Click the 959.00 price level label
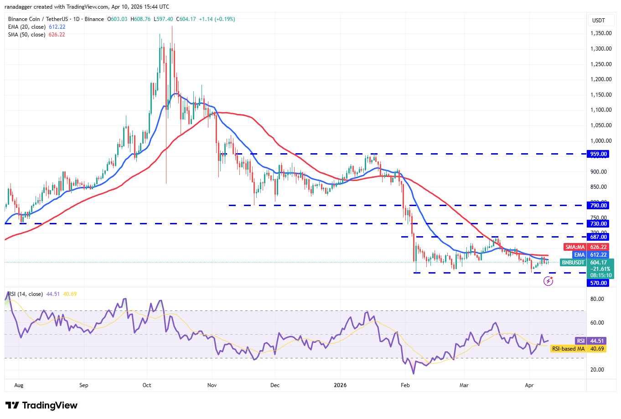pos(598,154)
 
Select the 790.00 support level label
pos(598,206)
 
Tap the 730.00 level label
pos(598,224)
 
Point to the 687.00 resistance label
pos(598,237)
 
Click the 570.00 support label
pos(598,283)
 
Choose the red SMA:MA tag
pos(575,247)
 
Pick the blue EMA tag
pos(579,255)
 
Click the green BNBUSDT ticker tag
pos(573,263)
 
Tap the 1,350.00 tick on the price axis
pos(600,33)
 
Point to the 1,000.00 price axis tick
pos(600,141)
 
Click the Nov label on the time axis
pos(212,385)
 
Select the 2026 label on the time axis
pos(340,385)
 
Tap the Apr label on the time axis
pos(529,385)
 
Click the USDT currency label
pos(598,20)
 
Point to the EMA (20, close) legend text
pos(26,27)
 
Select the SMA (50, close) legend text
pos(26,35)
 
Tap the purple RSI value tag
pos(580,341)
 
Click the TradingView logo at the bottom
pos(41,405)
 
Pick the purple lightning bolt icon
pos(548,281)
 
